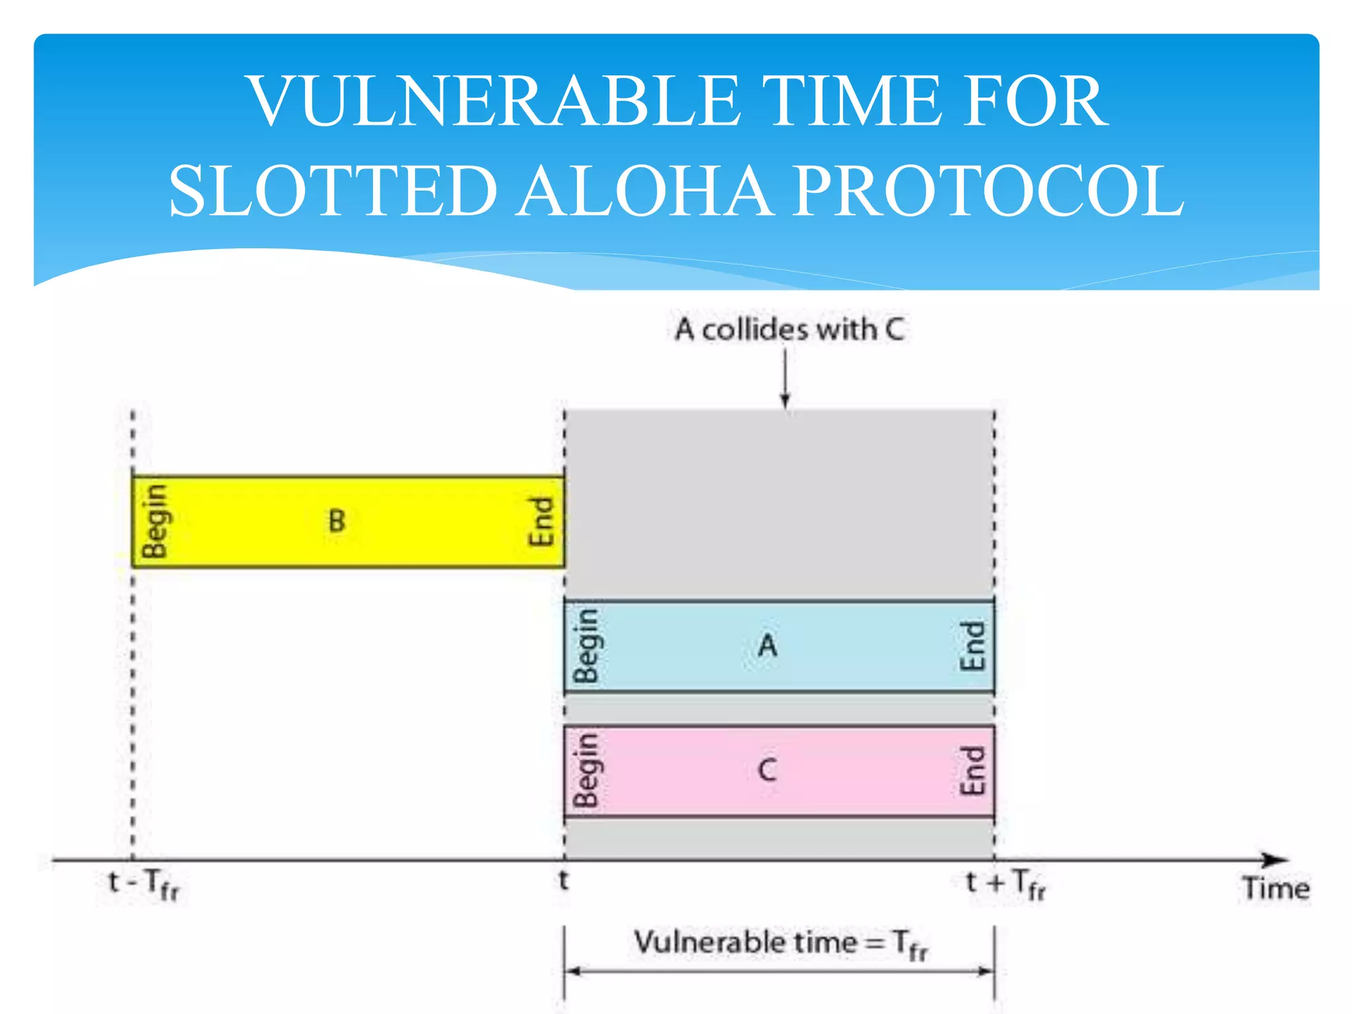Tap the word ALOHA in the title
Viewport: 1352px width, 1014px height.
coord(644,191)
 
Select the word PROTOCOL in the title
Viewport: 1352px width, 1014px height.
coord(988,191)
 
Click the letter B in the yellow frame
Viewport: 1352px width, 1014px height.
coord(337,521)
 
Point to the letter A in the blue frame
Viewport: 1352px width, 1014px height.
coord(767,646)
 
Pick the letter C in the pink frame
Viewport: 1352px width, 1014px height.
coord(767,770)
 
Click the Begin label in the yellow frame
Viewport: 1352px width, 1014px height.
coord(155,521)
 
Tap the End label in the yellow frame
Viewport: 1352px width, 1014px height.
coord(541,521)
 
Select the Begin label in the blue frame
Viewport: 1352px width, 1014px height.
coord(586,646)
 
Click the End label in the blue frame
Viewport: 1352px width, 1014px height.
coord(972,646)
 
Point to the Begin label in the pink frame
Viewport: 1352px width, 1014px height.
coord(586,770)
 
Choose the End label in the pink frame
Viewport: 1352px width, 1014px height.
coord(972,770)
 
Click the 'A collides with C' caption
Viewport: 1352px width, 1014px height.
coord(789,329)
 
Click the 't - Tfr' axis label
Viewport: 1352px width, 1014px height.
coord(143,884)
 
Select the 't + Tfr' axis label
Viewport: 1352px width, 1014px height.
coord(1005,884)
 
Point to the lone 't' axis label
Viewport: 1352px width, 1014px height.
coord(563,881)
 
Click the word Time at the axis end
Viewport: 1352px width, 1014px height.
coord(1275,889)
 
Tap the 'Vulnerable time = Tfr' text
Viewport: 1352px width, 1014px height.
coord(780,943)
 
